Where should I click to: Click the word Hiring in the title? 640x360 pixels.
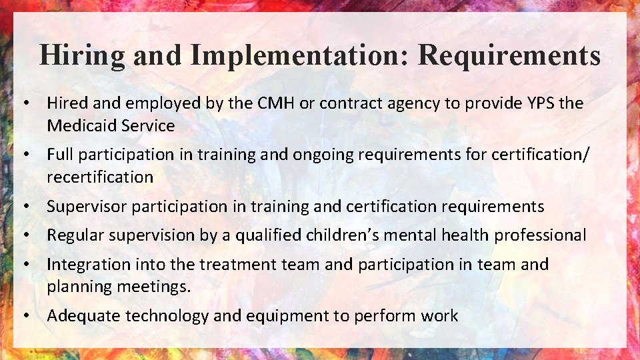coord(81,55)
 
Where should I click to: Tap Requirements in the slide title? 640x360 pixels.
coord(509,55)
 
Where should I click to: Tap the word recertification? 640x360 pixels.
coord(100,177)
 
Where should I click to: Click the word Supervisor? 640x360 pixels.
coord(87,207)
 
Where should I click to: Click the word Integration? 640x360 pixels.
coord(89,265)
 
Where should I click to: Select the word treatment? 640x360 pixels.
coord(239,265)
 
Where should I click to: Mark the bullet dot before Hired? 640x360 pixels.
coord(25,103)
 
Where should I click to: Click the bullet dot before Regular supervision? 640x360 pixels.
coord(25,235)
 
